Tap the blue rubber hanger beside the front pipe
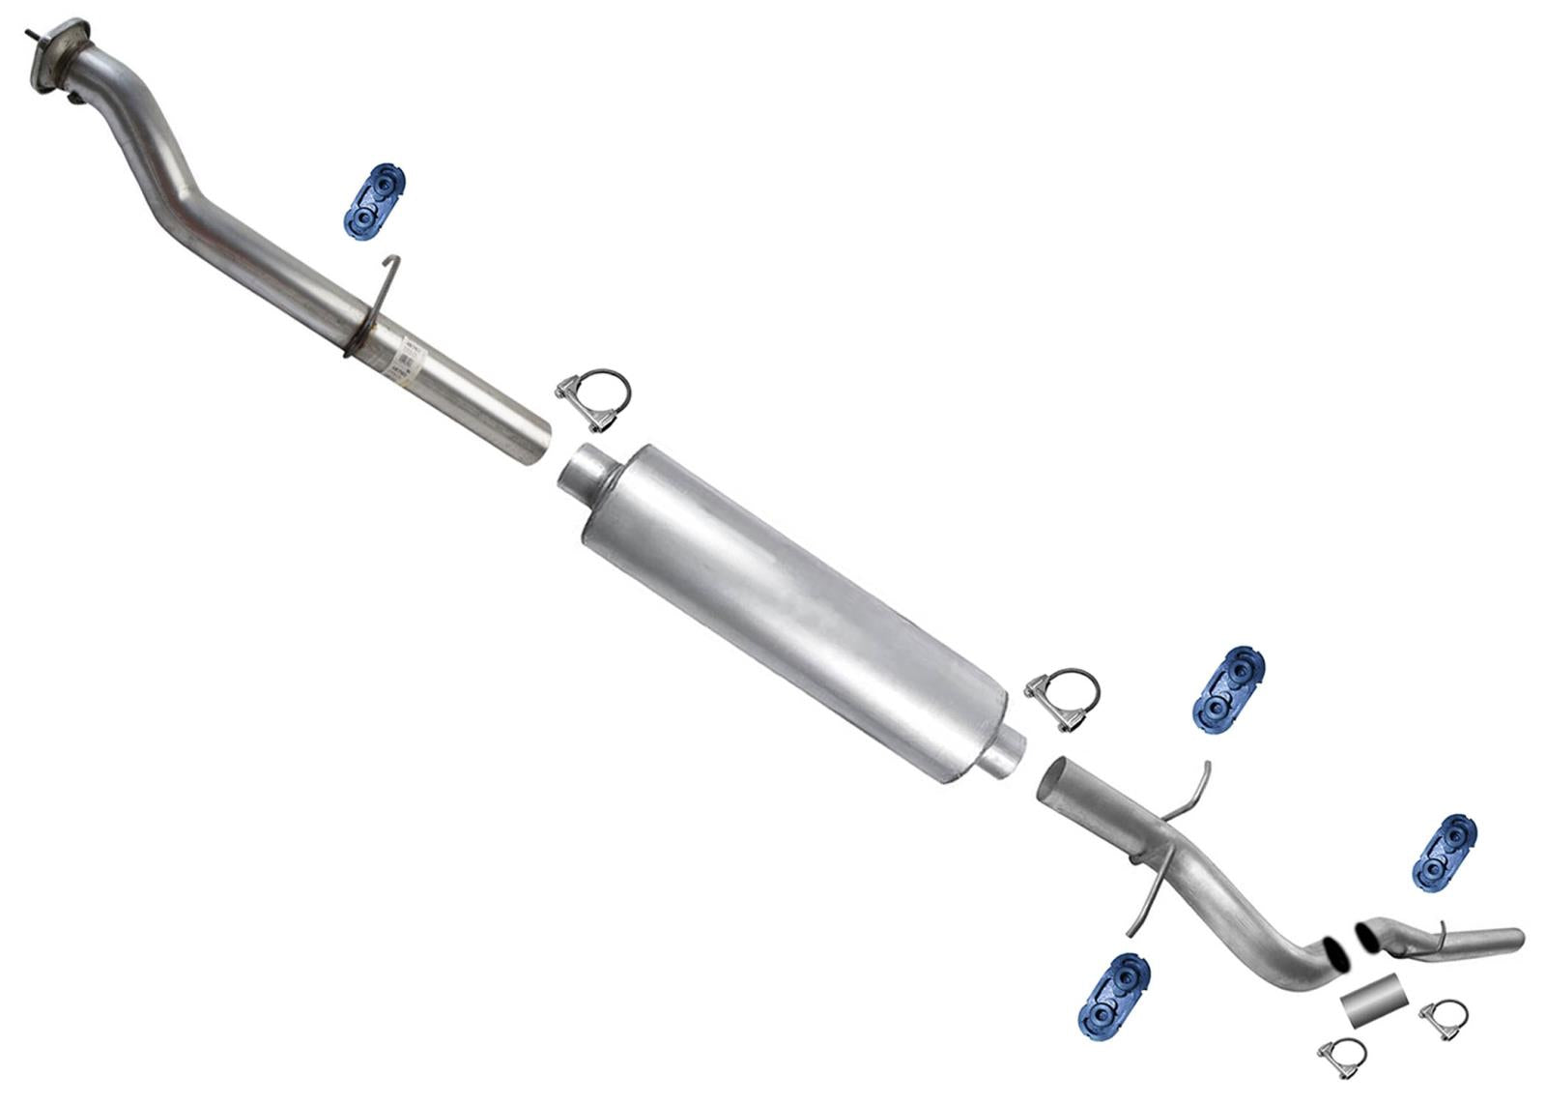pos(373,201)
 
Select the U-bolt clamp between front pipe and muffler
pos(594,399)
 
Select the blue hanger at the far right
pos(1446,853)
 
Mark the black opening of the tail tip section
pos(1368,937)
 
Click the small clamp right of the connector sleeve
pos(1444,1018)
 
